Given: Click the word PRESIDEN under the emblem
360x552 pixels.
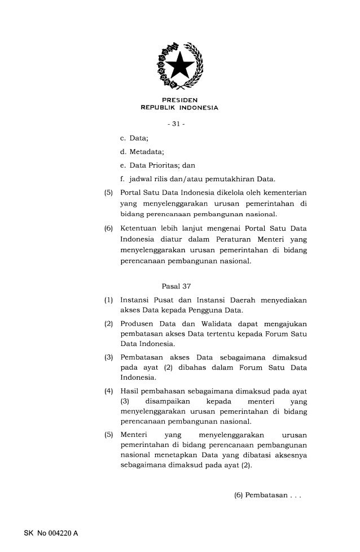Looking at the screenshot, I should point(179,101).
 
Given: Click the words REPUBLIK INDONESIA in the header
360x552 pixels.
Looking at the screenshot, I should point(179,108).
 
